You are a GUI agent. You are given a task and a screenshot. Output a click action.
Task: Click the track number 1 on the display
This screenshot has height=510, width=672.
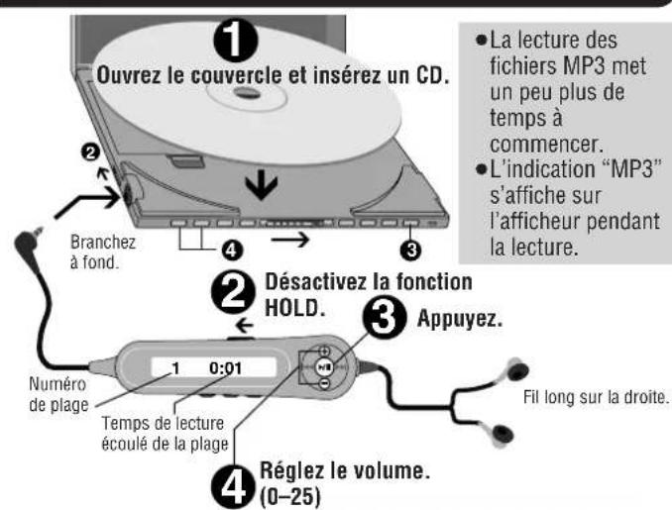(x=174, y=370)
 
